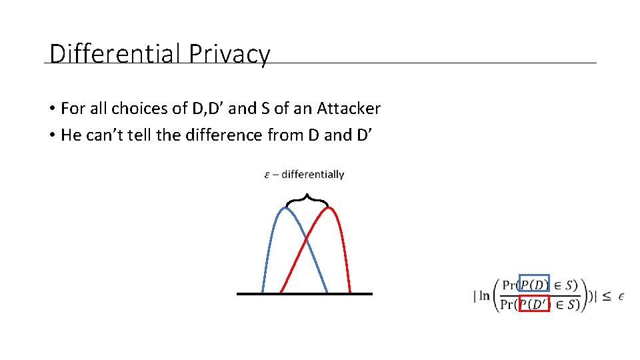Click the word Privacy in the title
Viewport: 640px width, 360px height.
coord(229,54)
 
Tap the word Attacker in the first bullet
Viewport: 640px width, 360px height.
coord(349,108)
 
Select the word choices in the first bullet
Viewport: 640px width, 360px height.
coord(143,108)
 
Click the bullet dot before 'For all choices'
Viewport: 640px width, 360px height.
coord(51,109)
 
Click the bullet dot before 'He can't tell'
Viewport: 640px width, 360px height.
coord(51,135)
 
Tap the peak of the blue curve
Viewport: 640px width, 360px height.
coord(285,208)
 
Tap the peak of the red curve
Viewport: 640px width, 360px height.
coord(329,208)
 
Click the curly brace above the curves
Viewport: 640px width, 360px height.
coord(307,198)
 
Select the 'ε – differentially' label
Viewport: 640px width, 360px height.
coord(305,175)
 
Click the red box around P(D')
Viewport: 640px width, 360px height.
coord(534,304)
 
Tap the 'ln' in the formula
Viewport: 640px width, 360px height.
coord(485,295)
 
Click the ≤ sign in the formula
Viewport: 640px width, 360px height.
coord(606,295)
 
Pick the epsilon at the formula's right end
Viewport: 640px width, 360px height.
coord(621,295)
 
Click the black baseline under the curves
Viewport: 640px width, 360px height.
coord(305,293)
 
